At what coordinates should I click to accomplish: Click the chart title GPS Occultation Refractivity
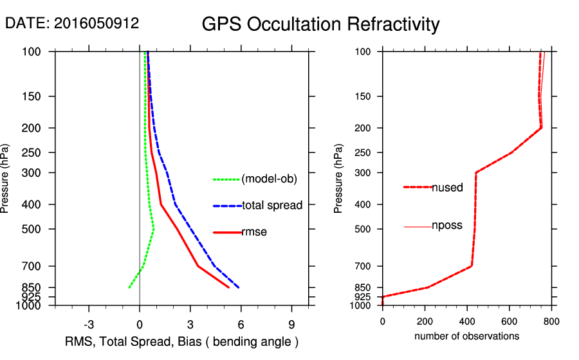320,24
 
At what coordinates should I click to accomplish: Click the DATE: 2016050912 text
72,23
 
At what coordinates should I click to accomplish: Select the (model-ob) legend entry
269,179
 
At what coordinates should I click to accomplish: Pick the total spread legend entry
272,206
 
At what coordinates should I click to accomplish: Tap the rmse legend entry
254,232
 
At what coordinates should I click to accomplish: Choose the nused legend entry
447,187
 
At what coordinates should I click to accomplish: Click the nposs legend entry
447,226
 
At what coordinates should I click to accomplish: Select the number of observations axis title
466,336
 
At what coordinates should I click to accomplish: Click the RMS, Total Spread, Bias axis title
182,341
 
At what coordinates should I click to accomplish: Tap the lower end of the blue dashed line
239,287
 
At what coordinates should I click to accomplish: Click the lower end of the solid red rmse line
229,287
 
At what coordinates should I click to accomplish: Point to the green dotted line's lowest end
129,287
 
